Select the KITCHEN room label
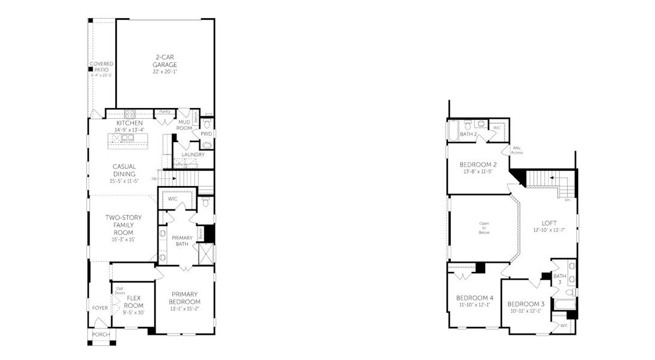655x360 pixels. click(130, 123)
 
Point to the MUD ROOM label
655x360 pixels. click(184, 125)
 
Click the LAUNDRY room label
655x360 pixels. click(193, 154)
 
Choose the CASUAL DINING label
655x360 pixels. click(124, 170)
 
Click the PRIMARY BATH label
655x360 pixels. click(181, 241)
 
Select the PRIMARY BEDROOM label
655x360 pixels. click(184, 298)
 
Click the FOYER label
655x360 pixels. click(100, 308)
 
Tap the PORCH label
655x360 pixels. click(100, 334)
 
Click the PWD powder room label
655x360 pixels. click(207, 134)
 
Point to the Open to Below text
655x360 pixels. click(484, 227)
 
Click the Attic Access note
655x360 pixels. click(517, 150)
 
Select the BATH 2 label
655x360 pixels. click(468, 134)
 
